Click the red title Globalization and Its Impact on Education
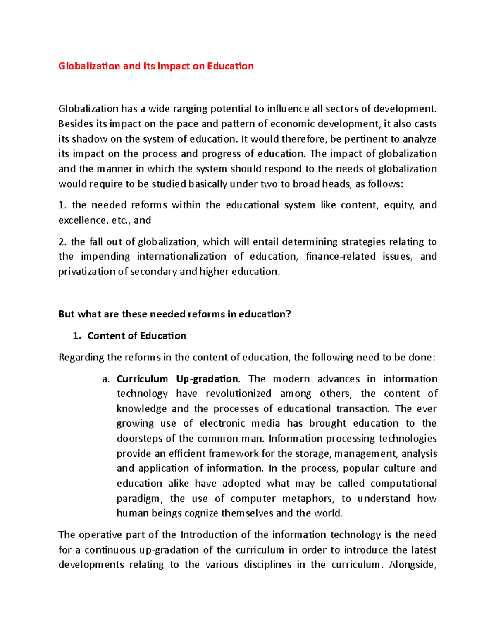156,66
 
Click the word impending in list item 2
105,257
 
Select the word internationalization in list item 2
181,257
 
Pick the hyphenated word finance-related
341,257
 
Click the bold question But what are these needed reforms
174,314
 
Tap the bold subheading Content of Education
136,336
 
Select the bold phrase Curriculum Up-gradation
177,379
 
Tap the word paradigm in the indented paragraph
139,499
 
